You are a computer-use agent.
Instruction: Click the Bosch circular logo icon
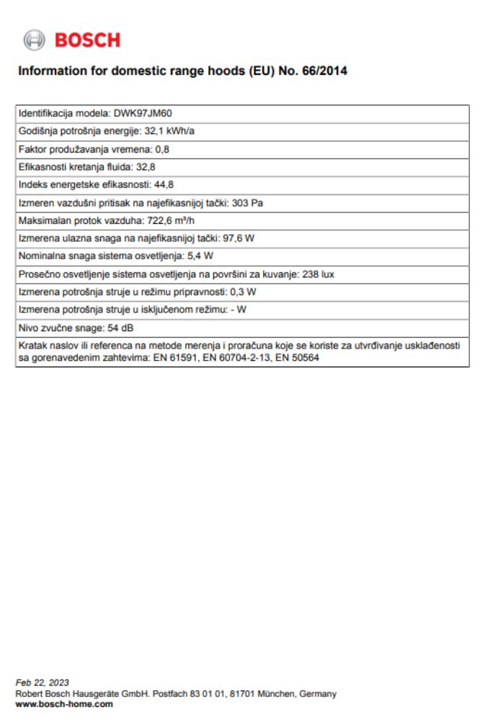(34, 40)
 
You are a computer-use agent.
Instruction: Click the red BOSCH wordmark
(87, 40)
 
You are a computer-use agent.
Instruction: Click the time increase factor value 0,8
(162, 150)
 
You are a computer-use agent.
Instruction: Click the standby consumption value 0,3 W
(243, 292)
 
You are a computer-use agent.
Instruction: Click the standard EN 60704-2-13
(234, 358)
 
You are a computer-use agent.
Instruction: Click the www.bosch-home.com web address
(64, 703)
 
